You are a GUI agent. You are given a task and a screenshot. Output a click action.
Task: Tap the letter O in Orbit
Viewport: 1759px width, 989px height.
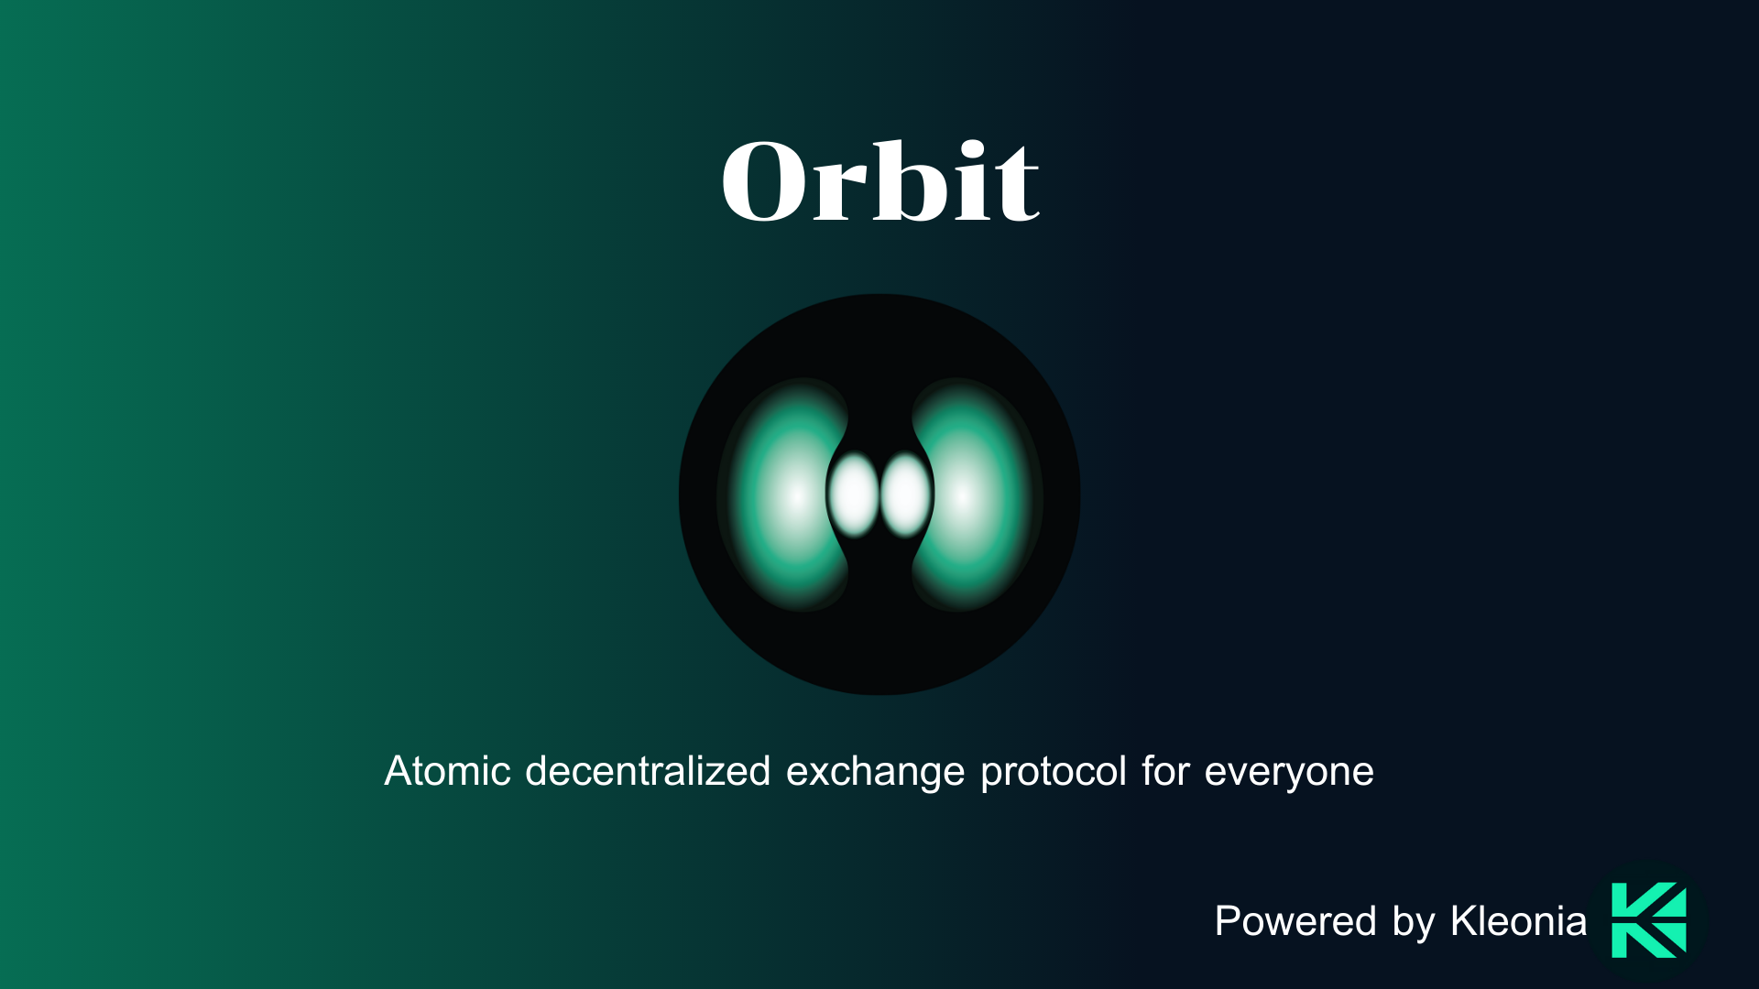pyautogui.click(x=767, y=181)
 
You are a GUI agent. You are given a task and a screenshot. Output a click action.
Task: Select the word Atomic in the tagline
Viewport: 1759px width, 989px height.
pyautogui.click(x=447, y=771)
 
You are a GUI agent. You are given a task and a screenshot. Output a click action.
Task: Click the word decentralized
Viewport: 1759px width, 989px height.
pyautogui.click(x=648, y=771)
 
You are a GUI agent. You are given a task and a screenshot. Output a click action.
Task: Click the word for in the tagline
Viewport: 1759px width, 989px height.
pyautogui.click(x=1165, y=771)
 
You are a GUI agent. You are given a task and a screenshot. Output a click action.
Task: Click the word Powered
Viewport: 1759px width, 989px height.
pyautogui.click(x=1295, y=921)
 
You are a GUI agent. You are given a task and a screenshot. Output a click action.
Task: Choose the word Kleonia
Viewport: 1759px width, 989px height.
pyautogui.click(x=1519, y=921)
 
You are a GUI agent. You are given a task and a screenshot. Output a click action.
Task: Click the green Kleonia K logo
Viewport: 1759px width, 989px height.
pyautogui.click(x=1649, y=920)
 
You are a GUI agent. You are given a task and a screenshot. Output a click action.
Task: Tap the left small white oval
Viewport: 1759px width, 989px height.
pyautogui.click(x=854, y=494)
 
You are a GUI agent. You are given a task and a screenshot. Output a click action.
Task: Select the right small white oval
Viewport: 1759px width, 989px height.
pyautogui.click(x=906, y=494)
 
